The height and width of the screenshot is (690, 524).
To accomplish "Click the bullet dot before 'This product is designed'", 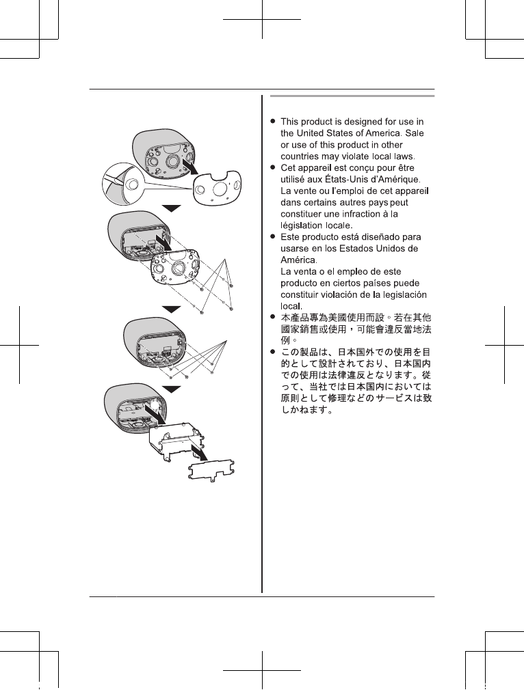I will pyautogui.click(x=273, y=121).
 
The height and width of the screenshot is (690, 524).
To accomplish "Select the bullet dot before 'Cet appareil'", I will pyautogui.click(x=273, y=167).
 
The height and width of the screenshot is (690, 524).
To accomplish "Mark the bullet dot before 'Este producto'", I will pyautogui.click(x=273, y=236).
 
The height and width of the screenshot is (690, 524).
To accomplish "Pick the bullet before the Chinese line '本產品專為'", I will pyautogui.click(x=273, y=318).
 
